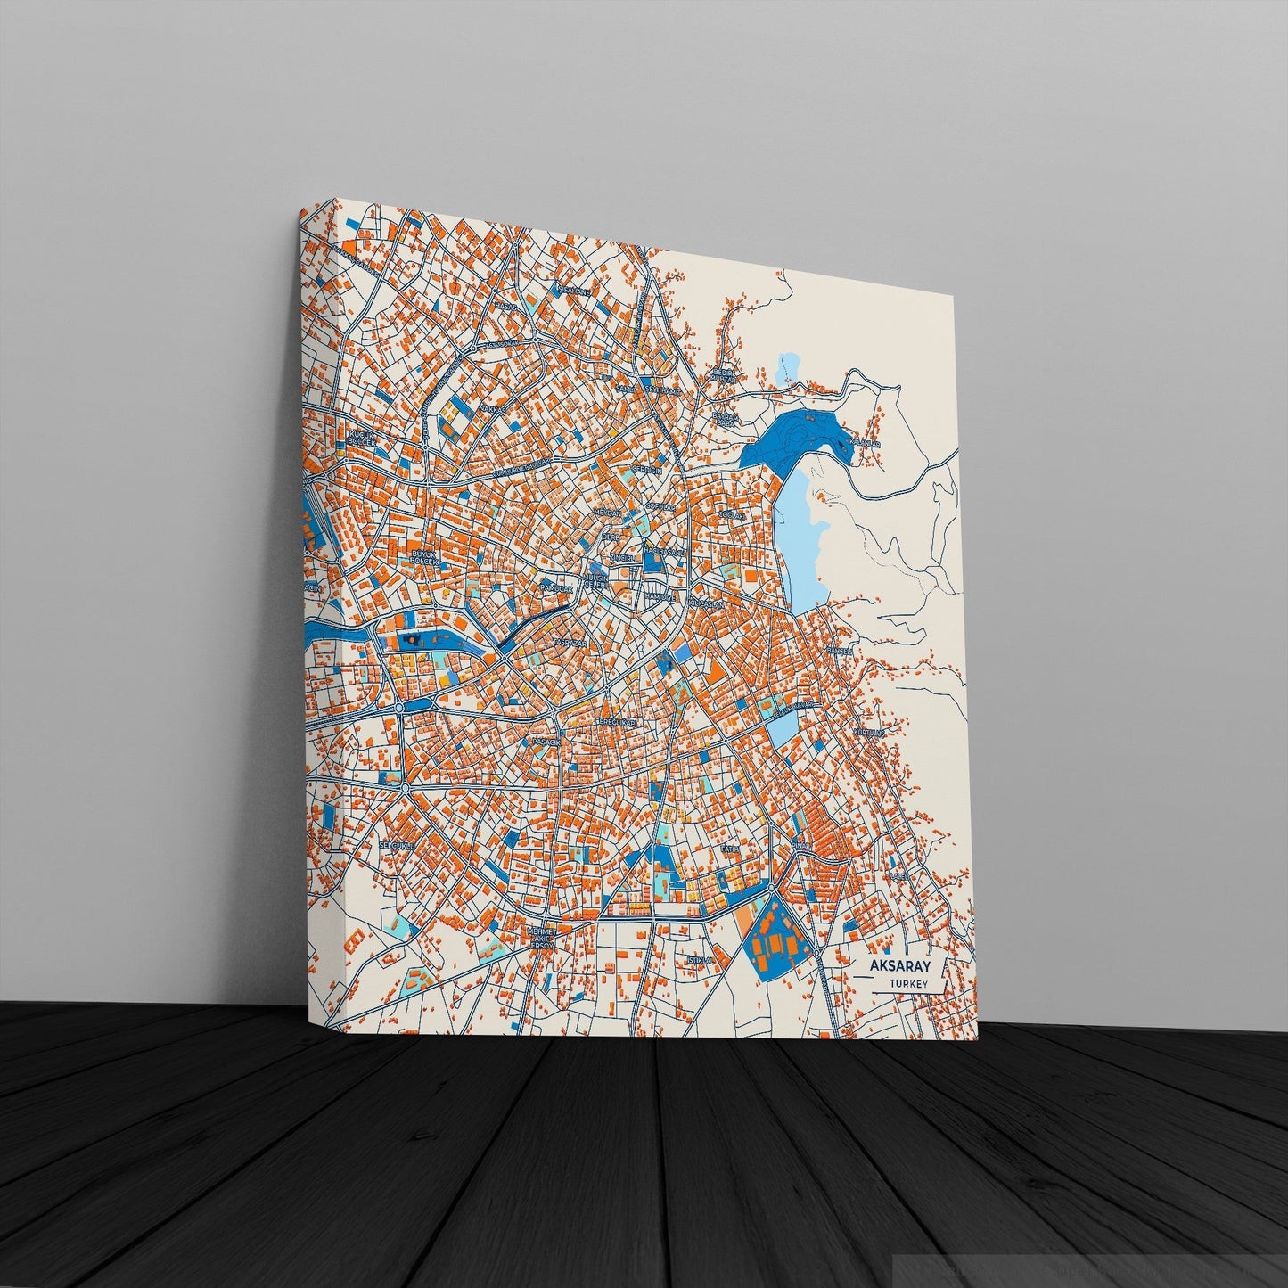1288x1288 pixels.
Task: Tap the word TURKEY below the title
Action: pyautogui.click(x=908, y=984)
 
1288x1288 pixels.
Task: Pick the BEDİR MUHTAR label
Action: pyautogui.click(x=720, y=375)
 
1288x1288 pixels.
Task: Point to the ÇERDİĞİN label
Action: pyautogui.click(x=646, y=469)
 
